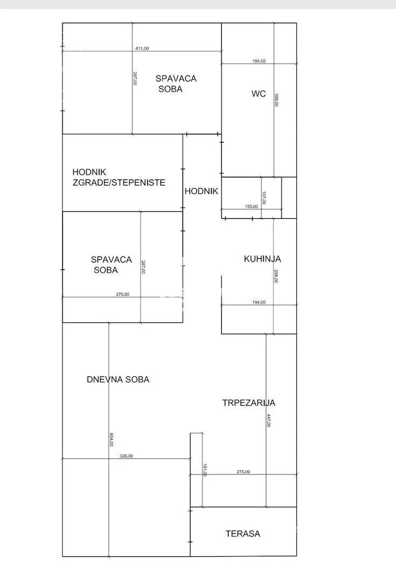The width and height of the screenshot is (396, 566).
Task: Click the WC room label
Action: [258, 94]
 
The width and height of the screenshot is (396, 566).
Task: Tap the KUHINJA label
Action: [263, 259]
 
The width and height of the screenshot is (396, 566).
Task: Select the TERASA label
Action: [243, 534]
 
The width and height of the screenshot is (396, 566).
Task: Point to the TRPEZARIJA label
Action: [249, 403]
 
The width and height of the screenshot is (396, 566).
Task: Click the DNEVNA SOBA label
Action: [118, 379]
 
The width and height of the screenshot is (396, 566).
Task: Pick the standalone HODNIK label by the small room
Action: [201, 191]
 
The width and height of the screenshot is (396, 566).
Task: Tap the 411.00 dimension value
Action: [142, 49]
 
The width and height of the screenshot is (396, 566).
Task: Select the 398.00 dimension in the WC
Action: [277, 100]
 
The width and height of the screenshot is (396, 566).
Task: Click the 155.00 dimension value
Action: [251, 206]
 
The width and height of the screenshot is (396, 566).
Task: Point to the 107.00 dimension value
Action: [264, 198]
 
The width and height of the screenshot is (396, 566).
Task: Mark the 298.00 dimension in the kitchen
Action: [276, 276]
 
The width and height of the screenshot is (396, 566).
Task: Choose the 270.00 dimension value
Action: [123, 294]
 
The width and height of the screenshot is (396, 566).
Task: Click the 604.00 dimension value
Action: [111, 439]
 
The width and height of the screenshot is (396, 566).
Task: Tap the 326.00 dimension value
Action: [126, 456]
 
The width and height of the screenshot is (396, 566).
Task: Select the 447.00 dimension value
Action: [269, 420]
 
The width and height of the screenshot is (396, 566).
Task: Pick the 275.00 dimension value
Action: [243, 472]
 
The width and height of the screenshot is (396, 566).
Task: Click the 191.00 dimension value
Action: [204, 470]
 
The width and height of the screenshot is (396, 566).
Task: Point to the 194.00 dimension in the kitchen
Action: [259, 302]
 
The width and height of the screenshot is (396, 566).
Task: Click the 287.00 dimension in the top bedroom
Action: [135, 78]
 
